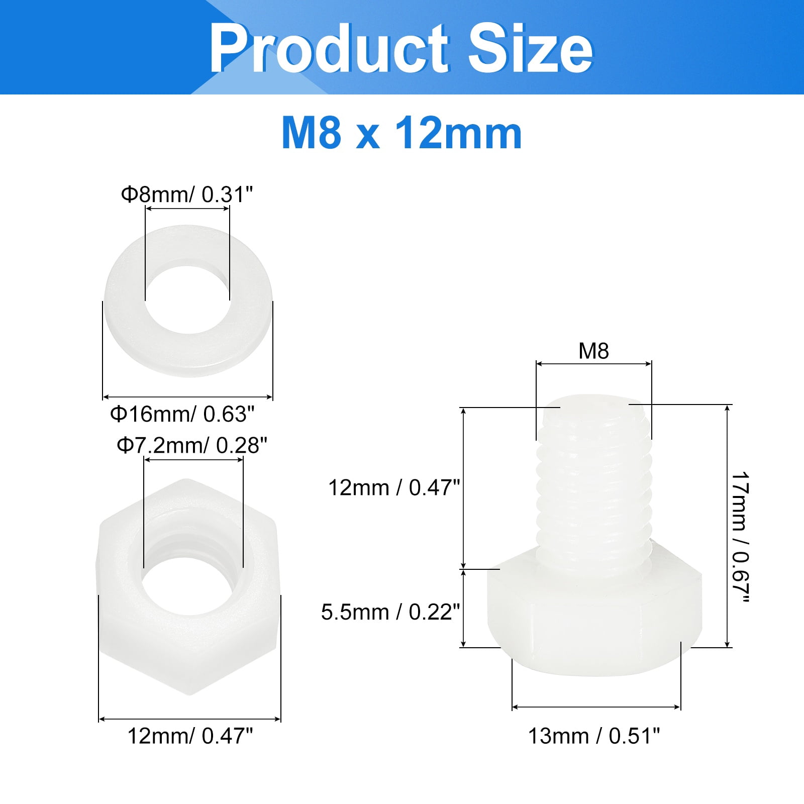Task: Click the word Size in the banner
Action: point(531,49)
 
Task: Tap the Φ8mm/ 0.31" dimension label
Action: point(186,194)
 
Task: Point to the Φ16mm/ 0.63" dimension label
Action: point(182,414)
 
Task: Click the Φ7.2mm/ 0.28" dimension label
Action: point(192,445)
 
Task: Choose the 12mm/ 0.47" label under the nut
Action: point(190,736)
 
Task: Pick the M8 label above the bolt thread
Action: point(593,351)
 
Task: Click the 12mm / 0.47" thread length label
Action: point(394,487)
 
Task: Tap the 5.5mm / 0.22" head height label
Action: point(390,612)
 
